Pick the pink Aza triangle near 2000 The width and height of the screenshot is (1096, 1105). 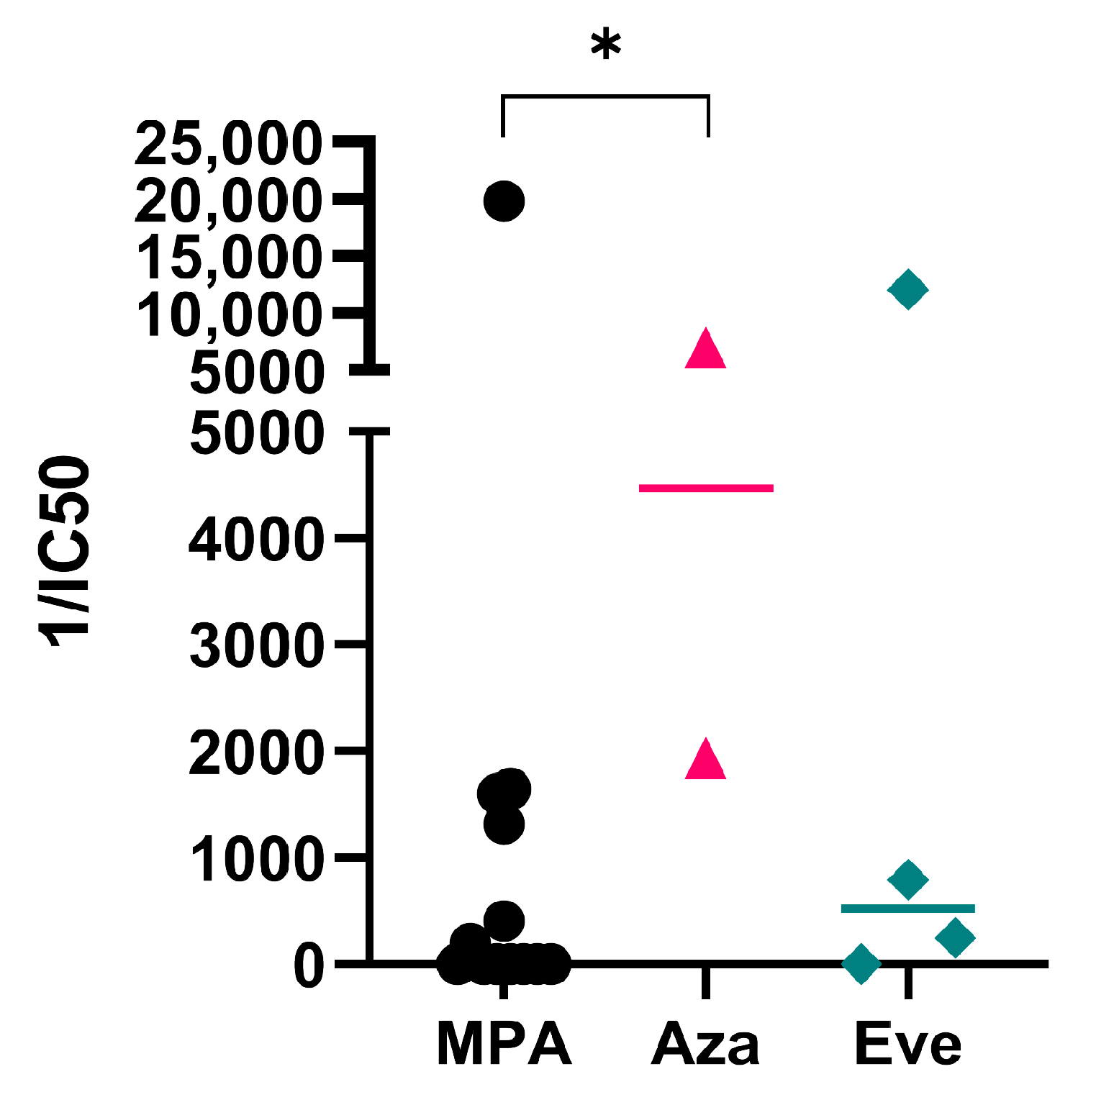click(x=705, y=760)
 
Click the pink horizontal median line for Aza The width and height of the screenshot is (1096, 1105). click(x=705, y=488)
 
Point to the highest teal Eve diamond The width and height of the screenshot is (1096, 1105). click(x=907, y=290)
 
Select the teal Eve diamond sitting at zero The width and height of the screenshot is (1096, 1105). click(x=861, y=963)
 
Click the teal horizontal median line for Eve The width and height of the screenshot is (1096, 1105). click(x=907, y=909)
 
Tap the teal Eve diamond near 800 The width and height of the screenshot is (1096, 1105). click(x=907, y=878)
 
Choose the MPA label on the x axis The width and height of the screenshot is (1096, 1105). click(x=504, y=1044)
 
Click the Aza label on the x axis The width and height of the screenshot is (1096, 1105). click(x=705, y=1044)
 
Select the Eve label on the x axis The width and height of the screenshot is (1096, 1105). click(x=907, y=1044)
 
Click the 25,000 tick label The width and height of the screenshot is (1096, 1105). click(x=228, y=144)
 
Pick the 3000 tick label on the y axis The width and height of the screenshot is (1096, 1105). click(x=255, y=645)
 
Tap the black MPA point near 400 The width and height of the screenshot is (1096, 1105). click(x=504, y=920)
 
